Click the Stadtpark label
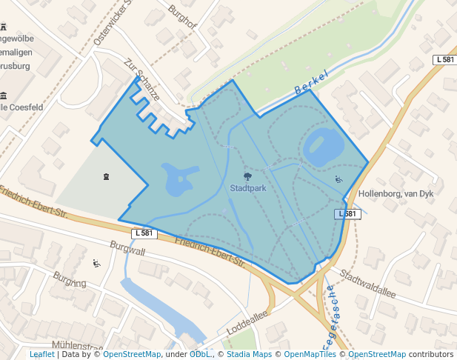(248, 188)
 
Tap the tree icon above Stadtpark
(247, 177)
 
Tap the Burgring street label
(70, 282)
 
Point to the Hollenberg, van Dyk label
(395, 194)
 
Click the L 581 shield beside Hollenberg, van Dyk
(346, 214)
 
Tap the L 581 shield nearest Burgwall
(145, 233)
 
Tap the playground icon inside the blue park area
(339, 179)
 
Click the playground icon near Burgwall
(96, 263)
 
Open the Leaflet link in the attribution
(42, 355)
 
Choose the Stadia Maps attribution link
(249, 355)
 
